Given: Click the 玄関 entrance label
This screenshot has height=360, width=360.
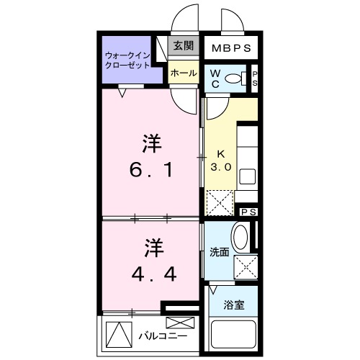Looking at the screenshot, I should pyautogui.click(x=183, y=46).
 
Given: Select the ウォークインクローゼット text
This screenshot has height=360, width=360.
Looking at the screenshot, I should pyautogui.click(x=127, y=60).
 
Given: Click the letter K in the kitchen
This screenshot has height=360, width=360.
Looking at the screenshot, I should pyautogui.click(x=220, y=153).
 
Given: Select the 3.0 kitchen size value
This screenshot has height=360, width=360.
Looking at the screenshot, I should pyautogui.click(x=220, y=166).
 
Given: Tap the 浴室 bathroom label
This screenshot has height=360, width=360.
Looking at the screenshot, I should pyautogui.click(x=234, y=305).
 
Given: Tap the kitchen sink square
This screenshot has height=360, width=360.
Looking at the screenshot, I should pyautogui.click(x=247, y=175).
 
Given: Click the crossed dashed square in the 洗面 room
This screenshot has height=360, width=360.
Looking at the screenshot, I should pyautogui.click(x=245, y=267).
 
